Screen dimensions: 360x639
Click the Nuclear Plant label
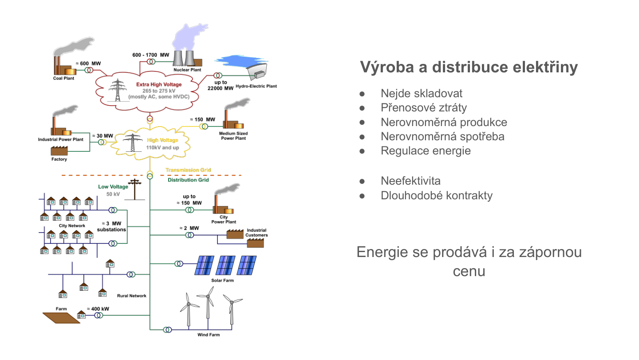click(x=187, y=70)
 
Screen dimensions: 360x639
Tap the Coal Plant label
click(x=63, y=78)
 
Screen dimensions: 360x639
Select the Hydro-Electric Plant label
click(x=256, y=86)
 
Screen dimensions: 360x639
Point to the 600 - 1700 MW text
click(x=151, y=55)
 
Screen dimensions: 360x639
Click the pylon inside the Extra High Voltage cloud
click(x=118, y=91)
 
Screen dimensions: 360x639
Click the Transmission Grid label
click(x=188, y=170)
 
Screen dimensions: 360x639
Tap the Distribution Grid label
click(x=188, y=180)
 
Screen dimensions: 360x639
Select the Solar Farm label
click(x=222, y=281)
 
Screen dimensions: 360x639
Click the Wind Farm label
click(x=208, y=335)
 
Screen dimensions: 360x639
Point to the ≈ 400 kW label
click(x=98, y=309)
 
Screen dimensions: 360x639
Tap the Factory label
click(x=59, y=159)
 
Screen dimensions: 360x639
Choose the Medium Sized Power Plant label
click(x=233, y=135)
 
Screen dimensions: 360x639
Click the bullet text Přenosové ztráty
click(x=423, y=108)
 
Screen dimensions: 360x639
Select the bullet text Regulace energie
click(x=426, y=150)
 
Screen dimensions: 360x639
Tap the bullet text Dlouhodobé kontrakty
click(x=436, y=195)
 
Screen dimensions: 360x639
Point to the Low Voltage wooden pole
click(x=134, y=190)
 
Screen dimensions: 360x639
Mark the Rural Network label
click(x=131, y=296)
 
